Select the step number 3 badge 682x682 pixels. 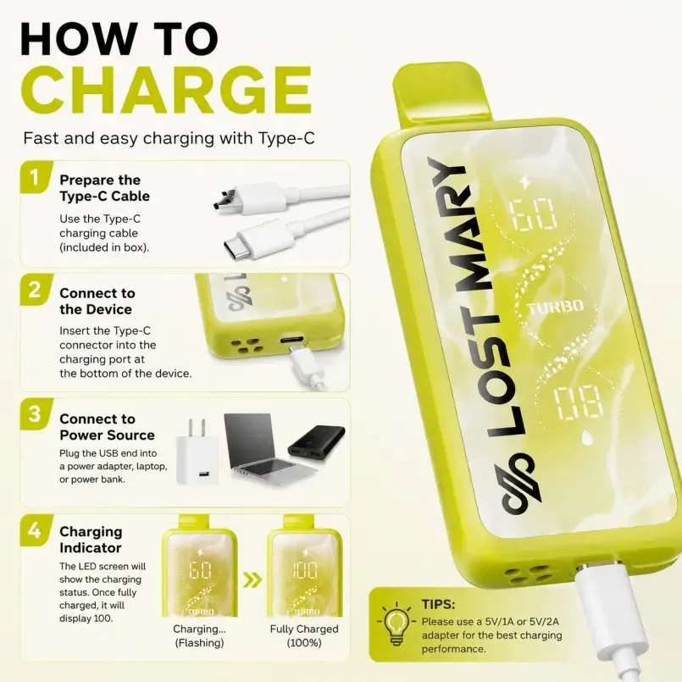(36, 413)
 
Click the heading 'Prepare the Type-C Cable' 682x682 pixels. (104, 188)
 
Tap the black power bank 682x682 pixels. (317, 443)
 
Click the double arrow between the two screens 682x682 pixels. (252, 579)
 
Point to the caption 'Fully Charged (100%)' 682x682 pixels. (304, 635)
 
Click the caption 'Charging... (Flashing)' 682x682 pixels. (200, 635)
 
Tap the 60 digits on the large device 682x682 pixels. (533, 215)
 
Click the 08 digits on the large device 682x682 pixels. (579, 400)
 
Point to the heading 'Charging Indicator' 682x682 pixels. (91, 540)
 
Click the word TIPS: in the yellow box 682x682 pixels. (439, 604)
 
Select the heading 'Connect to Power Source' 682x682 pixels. (107, 427)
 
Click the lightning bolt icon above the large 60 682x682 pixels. (525, 181)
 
